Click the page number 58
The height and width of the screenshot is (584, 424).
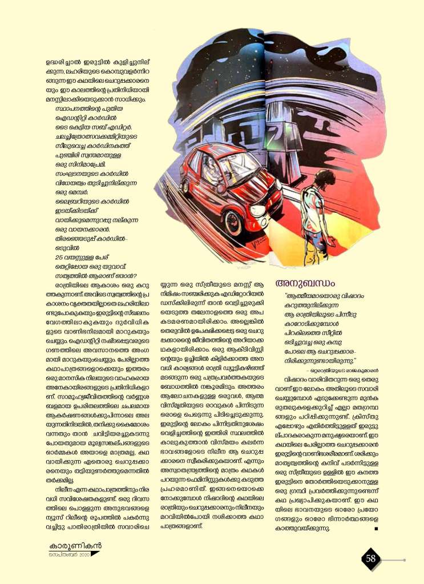(371, 559)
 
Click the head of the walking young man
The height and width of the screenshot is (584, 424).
(324, 178)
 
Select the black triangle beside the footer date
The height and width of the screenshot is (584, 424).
(95, 554)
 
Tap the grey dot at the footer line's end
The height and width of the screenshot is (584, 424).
(404, 559)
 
